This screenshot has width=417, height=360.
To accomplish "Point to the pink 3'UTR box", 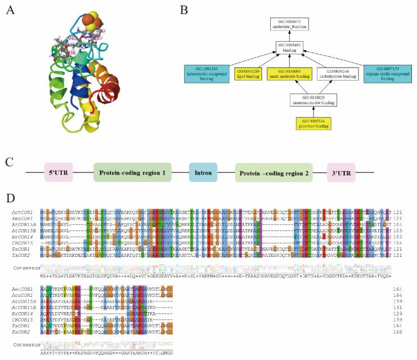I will [345, 172].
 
